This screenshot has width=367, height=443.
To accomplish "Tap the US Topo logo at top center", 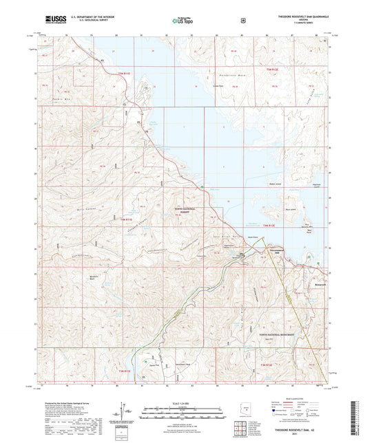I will click(x=182, y=21).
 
